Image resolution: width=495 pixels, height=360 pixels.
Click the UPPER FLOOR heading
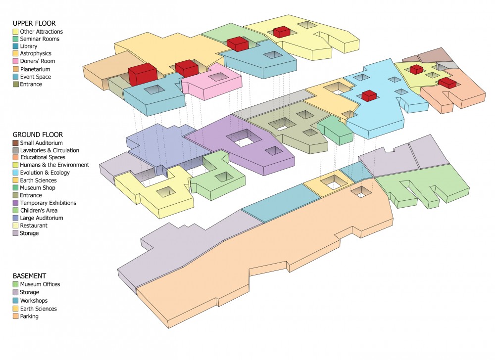point(34,23)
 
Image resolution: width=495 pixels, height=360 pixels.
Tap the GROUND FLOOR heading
point(38,135)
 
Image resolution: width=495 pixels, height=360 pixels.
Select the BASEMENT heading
point(29,276)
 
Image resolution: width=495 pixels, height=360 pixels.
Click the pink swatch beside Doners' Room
point(15,61)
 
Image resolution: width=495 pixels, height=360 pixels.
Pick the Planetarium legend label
point(35,69)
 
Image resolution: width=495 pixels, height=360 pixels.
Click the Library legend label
point(28,46)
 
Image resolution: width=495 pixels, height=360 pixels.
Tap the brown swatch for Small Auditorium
point(15,143)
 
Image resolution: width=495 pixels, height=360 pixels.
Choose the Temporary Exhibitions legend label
point(48,203)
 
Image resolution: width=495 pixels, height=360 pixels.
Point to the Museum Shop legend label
point(38,187)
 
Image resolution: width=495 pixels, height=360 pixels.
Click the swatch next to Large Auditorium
point(15,218)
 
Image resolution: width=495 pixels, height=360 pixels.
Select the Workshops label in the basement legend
point(34,301)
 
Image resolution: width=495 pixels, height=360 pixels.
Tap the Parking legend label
point(29,316)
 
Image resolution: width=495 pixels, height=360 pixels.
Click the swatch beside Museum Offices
point(15,284)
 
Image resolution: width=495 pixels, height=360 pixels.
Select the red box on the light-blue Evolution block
point(368,95)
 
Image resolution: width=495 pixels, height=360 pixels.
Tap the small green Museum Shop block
point(335,130)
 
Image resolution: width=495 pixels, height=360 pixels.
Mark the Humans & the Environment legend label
point(54,165)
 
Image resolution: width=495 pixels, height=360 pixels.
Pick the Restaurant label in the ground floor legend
point(34,225)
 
